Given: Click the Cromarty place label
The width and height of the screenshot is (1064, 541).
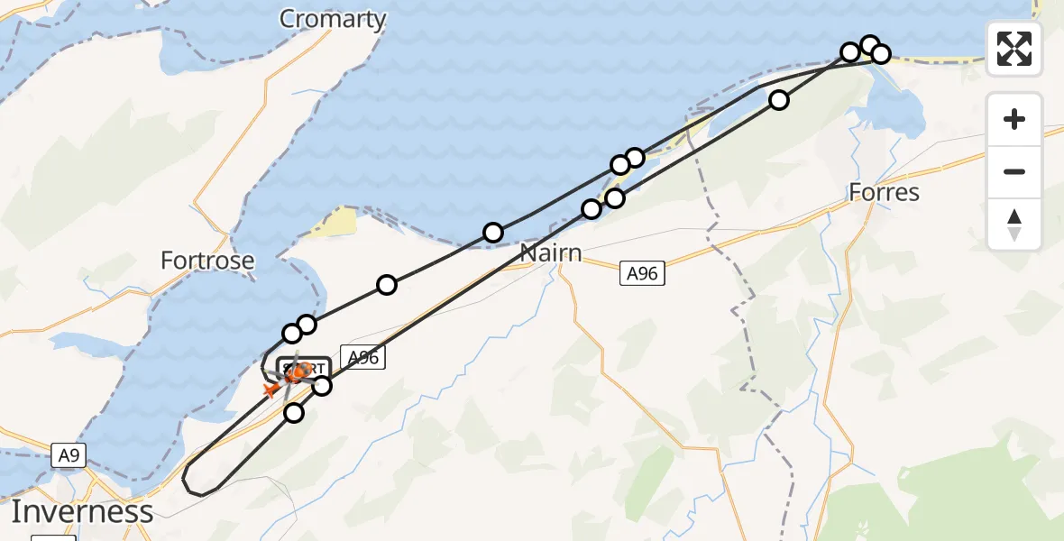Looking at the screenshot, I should tap(333, 19).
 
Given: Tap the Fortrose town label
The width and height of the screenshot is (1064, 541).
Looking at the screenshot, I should tap(207, 261).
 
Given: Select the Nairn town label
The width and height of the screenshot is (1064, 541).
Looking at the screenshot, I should tap(550, 252).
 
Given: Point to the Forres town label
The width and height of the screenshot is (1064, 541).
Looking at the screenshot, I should tap(884, 192).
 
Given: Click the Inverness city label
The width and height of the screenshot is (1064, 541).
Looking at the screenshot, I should tap(82, 512).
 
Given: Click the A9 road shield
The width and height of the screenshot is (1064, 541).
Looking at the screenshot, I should tap(69, 455).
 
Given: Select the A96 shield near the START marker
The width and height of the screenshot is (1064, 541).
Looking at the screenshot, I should tap(362, 358).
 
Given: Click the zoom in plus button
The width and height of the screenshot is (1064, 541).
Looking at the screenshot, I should tap(1014, 119).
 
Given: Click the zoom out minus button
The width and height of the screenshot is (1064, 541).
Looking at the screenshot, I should tap(1014, 171).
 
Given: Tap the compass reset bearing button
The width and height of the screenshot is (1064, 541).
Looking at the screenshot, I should tap(1014, 224).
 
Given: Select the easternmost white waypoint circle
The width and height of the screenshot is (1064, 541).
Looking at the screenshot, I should tap(881, 54).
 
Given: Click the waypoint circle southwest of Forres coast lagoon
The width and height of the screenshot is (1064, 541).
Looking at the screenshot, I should tap(779, 100).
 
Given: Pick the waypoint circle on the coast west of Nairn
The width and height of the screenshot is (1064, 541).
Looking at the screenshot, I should tap(493, 233).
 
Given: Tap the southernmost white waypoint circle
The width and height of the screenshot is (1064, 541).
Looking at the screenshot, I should tap(294, 413).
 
